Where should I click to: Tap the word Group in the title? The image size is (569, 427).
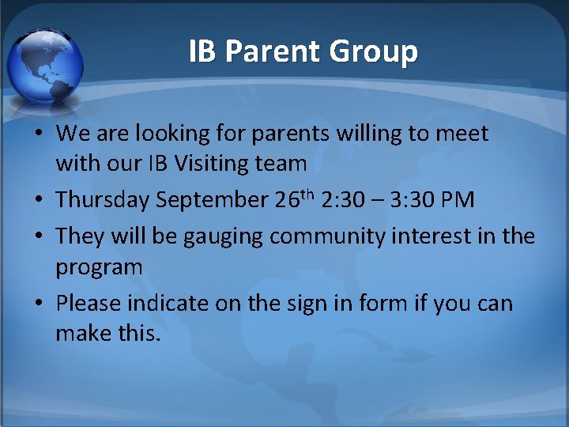click(x=373, y=51)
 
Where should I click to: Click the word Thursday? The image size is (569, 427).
click(x=103, y=200)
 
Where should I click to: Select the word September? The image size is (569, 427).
click(x=213, y=200)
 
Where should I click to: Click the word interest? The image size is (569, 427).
click(x=447, y=236)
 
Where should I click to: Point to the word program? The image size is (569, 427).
click(x=99, y=267)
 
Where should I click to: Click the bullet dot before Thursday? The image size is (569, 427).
click(x=38, y=201)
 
